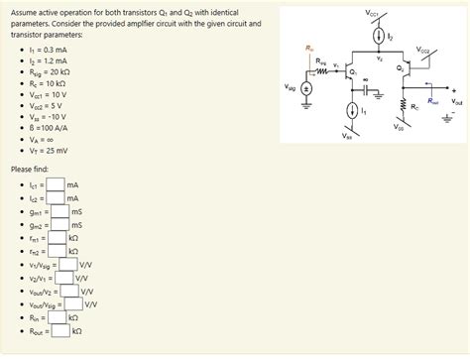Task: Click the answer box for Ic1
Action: click(57, 184)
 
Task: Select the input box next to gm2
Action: click(60, 225)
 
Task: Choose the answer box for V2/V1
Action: click(65, 278)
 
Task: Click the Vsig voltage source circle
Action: click(306, 89)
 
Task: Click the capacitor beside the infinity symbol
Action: click(367, 88)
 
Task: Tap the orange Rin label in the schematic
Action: click(309, 48)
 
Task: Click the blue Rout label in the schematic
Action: click(432, 100)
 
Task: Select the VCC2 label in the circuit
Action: click(424, 48)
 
